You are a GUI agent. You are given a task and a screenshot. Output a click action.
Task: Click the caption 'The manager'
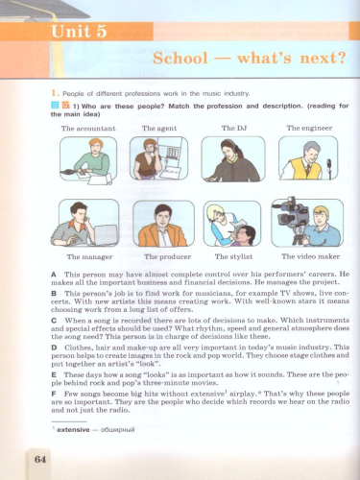click(84, 257)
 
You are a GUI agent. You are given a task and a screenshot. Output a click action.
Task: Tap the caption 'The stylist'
click(233, 257)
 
